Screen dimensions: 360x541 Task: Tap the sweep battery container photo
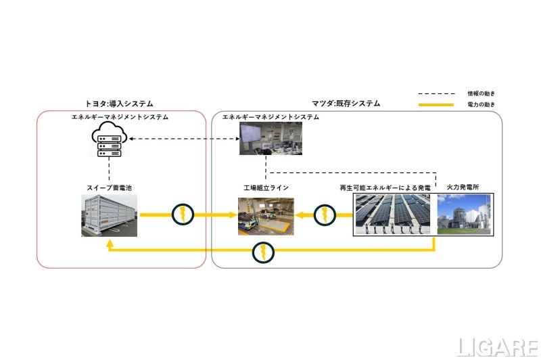109,215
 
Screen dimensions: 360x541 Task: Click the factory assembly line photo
266,216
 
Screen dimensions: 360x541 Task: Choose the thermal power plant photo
465,214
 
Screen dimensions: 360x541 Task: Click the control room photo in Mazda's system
266,139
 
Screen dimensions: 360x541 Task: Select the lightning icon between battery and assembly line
183,215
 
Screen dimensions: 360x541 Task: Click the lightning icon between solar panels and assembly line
325,215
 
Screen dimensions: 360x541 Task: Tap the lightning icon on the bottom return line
263,252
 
